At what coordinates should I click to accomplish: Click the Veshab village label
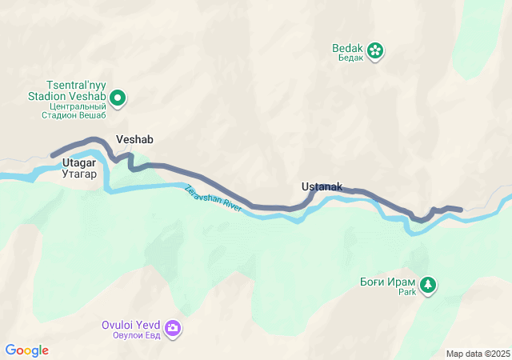(134, 139)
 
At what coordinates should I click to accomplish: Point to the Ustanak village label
(322, 187)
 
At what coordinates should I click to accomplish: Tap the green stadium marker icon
(118, 98)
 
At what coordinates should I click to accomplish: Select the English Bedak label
(348, 48)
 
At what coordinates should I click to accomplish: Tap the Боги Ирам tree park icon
(428, 285)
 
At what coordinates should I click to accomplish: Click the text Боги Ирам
(388, 282)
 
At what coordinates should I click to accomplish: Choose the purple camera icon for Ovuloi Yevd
(174, 328)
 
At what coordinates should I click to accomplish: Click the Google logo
(26, 350)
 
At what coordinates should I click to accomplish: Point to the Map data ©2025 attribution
(477, 354)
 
